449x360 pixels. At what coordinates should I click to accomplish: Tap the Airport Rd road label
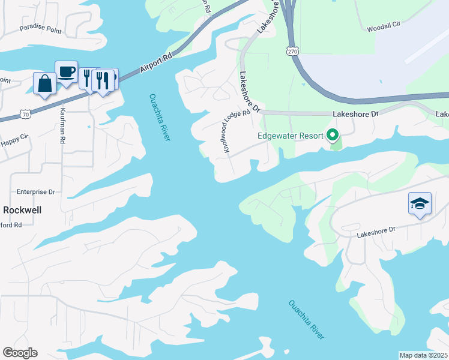click(x=156, y=61)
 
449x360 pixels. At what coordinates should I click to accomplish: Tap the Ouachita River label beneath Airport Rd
click(x=160, y=117)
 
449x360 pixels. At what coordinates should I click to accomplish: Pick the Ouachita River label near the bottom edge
click(x=306, y=320)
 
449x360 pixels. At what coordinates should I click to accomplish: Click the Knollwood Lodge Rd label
click(x=237, y=133)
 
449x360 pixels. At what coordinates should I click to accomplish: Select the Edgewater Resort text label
click(x=291, y=136)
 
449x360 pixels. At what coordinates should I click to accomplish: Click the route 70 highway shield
click(x=25, y=113)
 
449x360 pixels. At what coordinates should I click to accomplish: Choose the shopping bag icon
click(x=44, y=84)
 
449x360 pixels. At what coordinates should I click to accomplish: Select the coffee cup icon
click(x=66, y=72)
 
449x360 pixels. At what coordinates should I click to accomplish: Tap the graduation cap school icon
click(x=420, y=203)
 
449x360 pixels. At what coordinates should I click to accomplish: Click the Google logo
click(x=20, y=353)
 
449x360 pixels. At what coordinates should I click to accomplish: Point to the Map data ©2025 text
click(x=423, y=355)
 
